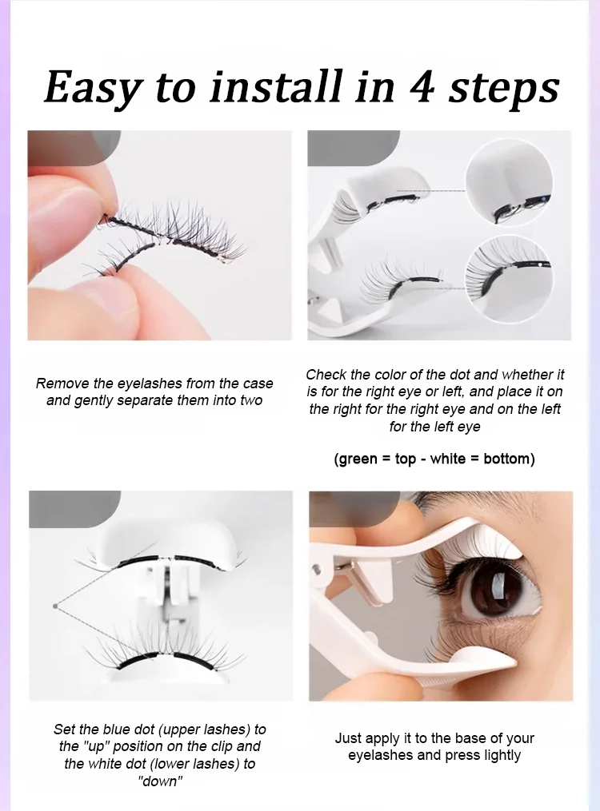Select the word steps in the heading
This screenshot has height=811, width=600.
coord(503,89)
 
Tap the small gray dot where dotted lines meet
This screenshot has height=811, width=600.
coord(54,606)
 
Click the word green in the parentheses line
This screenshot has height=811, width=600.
coord(358,459)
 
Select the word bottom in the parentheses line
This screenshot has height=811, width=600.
coord(506,459)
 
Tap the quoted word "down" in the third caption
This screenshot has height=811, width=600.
coord(160,781)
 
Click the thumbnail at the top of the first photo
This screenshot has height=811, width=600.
coord(74,148)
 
